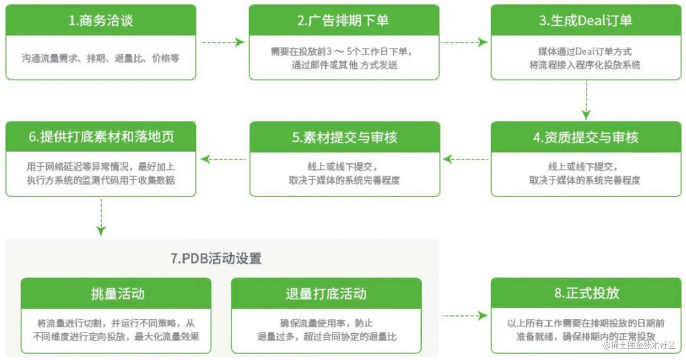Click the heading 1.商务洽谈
101,21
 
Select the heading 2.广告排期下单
344,21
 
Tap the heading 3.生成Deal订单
586,21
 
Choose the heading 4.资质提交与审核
586,137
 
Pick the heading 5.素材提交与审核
344,137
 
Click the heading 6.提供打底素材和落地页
101,137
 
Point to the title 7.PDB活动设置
216,258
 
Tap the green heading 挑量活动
116,293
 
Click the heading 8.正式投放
586,293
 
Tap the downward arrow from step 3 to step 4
586,100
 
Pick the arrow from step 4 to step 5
465,159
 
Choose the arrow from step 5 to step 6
224,159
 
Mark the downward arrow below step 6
101,217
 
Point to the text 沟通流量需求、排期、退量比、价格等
101,58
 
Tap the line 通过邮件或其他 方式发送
344,65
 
